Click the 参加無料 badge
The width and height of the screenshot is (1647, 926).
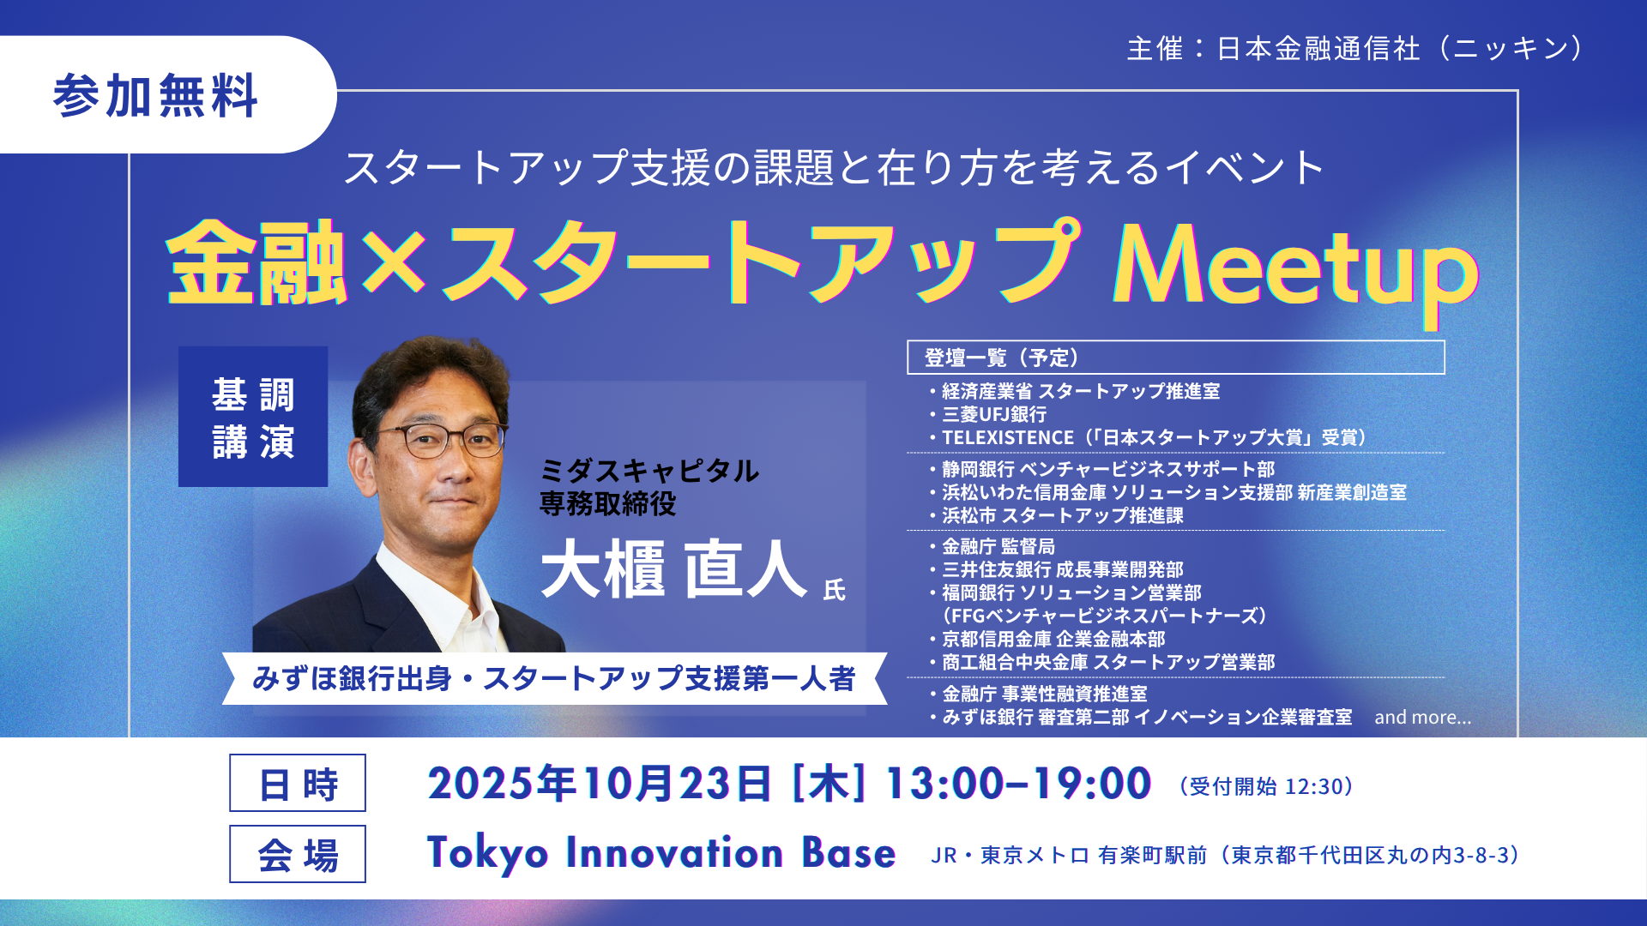[x=163, y=94]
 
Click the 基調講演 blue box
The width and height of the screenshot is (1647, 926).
[x=253, y=417]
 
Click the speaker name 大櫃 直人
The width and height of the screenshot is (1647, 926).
[x=674, y=568]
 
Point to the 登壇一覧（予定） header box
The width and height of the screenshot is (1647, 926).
[x=1176, y=358]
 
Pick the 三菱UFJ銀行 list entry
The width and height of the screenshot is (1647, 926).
[x=994, y=414]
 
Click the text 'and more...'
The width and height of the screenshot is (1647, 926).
[x=1422, y=717]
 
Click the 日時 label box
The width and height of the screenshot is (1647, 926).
[x=298, y=783]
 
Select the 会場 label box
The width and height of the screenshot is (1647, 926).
[x=298, y=854]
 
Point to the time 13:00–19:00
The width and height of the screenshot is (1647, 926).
[x=1017, y=784]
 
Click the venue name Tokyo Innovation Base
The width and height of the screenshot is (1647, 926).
[x=661, y=853]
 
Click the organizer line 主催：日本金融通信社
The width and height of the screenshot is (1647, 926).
[x=1274, y=49]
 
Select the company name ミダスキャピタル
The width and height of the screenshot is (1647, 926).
[x=649, y=471]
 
